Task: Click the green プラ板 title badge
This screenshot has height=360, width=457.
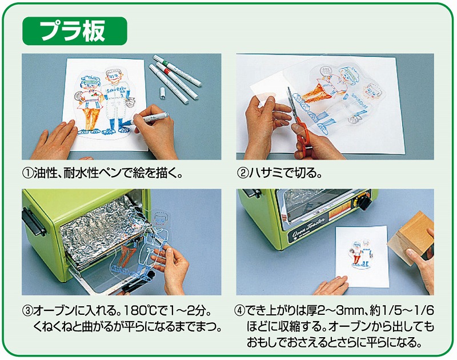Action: [75, 31]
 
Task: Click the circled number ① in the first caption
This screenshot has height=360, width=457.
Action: [28, 174]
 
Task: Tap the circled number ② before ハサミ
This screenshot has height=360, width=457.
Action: [242, 174]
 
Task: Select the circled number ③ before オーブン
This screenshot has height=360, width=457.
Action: [27, 311]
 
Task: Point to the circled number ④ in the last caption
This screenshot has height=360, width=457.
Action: [240, 311]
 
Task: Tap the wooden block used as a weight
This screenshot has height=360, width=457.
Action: [410, 238]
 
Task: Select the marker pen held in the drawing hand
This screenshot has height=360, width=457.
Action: [149, 118]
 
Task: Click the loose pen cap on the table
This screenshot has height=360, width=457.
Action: [162, 93]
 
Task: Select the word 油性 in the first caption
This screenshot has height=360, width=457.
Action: [44, 174]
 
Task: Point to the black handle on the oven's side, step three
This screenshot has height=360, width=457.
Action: [34, 222]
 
